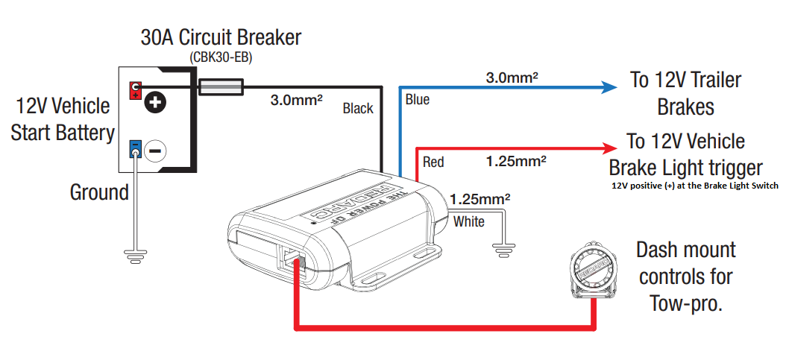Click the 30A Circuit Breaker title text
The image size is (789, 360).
221,38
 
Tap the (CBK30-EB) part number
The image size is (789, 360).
221,57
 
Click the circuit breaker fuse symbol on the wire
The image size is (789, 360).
221,89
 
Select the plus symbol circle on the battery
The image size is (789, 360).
155,102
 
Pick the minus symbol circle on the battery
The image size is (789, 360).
155,150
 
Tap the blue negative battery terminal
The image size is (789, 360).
136,149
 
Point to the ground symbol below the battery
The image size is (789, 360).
135,258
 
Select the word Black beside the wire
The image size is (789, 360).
358,109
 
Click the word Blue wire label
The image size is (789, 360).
418,99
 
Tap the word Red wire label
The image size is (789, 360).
433,161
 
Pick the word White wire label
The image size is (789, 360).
469,221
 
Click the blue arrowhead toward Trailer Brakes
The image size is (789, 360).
610,86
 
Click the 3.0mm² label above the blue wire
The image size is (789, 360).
512,77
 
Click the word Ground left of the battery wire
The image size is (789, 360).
99,192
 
